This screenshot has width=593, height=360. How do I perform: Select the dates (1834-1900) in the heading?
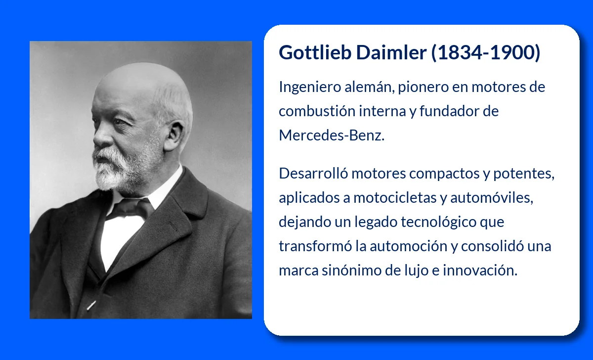[486, 53]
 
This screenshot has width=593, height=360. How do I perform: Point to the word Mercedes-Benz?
[331, 135]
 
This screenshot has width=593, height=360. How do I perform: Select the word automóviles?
[491, 198]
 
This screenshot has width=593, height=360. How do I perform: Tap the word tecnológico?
[438, 223]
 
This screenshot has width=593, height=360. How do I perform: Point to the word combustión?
[316, 111]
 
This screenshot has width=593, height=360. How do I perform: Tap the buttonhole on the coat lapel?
[172, 226]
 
